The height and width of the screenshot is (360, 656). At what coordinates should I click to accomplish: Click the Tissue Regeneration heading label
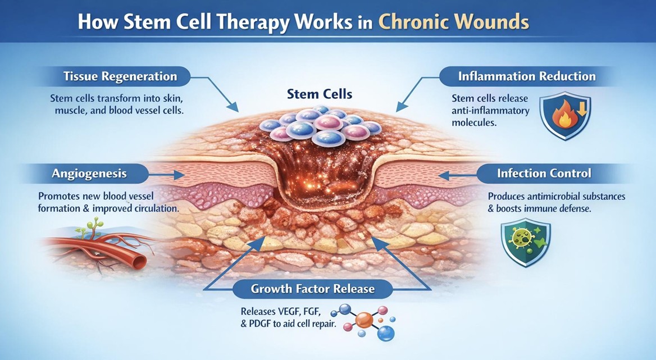click(121, 76)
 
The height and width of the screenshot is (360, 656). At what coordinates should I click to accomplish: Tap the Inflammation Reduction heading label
click(527, 76)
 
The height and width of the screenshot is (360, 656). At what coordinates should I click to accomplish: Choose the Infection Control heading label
click(544, 173)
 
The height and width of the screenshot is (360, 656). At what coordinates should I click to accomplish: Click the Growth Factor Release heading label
click(313, 290)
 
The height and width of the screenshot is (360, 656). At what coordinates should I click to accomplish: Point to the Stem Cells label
click(320, 93)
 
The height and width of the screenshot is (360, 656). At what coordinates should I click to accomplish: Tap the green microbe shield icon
click(526, 242)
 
